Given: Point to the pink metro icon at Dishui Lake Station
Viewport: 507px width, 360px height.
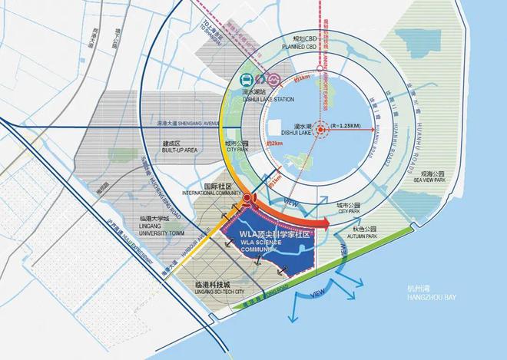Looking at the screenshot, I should [x=271, y=80].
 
